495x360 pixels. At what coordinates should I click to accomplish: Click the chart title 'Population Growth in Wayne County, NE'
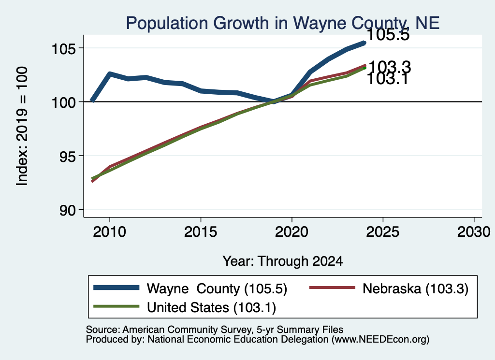click(x=282, y=23)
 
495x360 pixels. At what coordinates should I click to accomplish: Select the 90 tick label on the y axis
click(x=68, y=211)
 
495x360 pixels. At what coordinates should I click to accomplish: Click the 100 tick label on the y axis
click(x=64, y=103)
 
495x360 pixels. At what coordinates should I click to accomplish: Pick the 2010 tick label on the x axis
click(x=110, y=232)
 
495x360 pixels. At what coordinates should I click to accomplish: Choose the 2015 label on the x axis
click(x=201, y=232)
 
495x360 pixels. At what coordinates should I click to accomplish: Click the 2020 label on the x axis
click(x=291, y=232)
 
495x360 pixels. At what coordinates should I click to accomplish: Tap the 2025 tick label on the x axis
click(x=383, y=232)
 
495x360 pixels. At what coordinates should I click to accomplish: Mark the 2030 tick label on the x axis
click(x=474, y=232)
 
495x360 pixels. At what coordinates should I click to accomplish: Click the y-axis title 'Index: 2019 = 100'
click(x=22, y=126)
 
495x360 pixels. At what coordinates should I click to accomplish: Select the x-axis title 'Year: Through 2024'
click(x=282, y=261)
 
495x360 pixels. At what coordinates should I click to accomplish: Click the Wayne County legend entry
click(x=190, y=288)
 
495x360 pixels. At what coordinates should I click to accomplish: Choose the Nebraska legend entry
click(x=389, y=288)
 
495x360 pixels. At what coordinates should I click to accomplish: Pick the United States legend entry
click(x=185, y=307)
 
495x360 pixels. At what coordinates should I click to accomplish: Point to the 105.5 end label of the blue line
click(x=388, y=34)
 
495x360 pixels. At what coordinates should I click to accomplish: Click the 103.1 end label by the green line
click(x=388, y=79)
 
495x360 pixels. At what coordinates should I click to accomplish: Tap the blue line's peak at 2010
click(x=110, y=74)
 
